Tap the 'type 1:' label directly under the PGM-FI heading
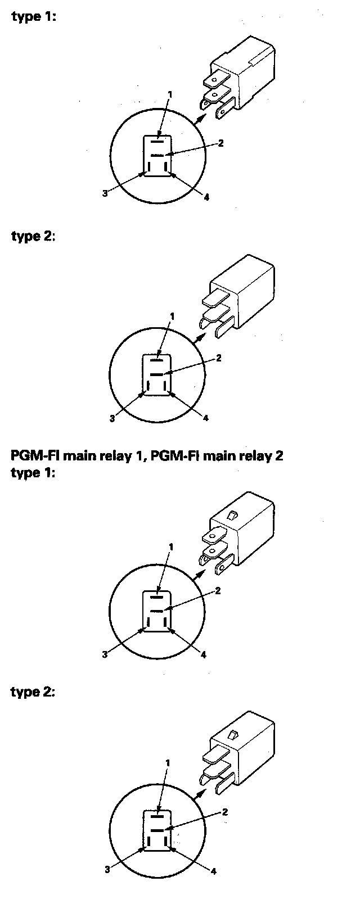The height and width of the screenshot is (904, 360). (33, 472)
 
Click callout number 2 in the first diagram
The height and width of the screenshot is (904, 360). (221, 143)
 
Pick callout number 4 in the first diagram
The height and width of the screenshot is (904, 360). (206, 197)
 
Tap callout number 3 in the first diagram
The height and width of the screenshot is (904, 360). (105, 193)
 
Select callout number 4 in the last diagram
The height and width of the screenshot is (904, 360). (214, 871)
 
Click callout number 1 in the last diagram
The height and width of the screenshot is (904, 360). (168, 762)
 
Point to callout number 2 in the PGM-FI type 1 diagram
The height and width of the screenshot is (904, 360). (218, 590)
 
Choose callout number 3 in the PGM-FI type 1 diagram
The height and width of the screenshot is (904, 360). (105, 654)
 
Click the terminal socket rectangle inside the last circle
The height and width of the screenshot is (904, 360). (158, 830)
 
